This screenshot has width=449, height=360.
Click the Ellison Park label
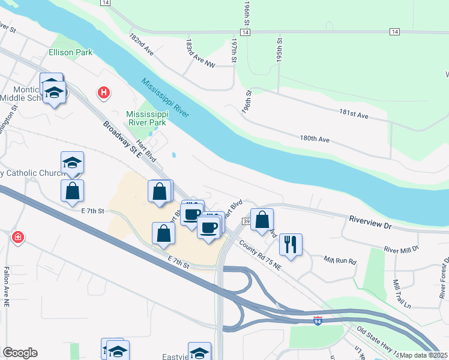click(x=71, y=52)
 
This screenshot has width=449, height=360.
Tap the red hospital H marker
click(x=104, y=92)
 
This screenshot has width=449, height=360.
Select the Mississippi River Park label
click(x=146, y=118)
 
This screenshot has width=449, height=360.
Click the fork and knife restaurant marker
click(x=291, y=244)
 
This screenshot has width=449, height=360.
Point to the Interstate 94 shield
click(x=318, y=322)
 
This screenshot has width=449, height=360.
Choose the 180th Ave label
click(x=316, y=139)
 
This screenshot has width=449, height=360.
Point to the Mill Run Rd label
click(x=340, y=261)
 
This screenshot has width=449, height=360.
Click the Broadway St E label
click(x=121, y=140)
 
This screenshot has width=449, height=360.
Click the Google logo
click(x=20, y=353)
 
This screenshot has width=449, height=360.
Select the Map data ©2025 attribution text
click(x=424, y=355)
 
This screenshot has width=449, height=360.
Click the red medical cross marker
click(x=18, y=238)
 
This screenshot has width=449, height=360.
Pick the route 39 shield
click(x=247, y=222)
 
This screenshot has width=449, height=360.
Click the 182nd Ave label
click(x=142, y=45)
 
